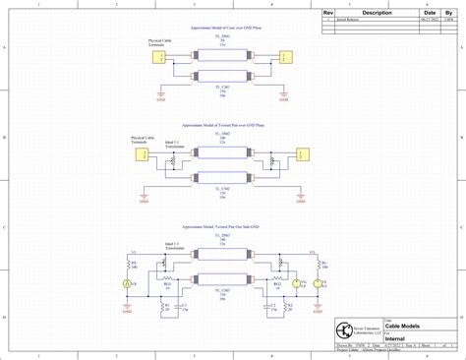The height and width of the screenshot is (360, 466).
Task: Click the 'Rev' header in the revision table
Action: [x=330, y=13]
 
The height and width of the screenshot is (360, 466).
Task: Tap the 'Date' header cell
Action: [x=430, y=13]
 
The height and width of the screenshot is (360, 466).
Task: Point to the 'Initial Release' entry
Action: [x=350, y=20]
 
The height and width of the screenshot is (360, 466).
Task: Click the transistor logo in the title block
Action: [x=344, y=329]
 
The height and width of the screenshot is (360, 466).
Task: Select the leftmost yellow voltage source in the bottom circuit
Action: [x=125, y=284]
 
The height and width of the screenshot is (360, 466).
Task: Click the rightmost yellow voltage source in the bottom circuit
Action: [x=318, y=284]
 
